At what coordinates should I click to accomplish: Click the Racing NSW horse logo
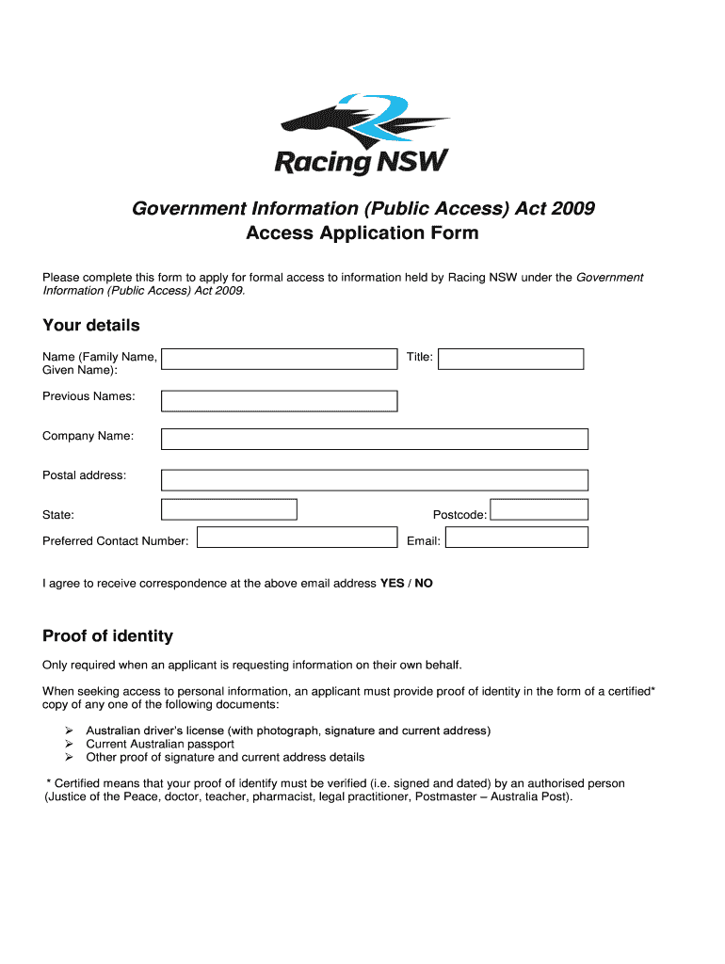click(x=362, y=134)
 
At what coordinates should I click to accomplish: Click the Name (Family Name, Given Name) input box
click(x=279, y=359)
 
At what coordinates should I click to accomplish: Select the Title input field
click(x=510, y=359)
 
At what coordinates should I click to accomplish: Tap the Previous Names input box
click(x=279, y=401)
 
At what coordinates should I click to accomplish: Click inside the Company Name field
click(x=374, y=439)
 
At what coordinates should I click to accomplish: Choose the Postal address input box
click(x=374, y=480)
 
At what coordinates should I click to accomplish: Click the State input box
click(x=229, y=509)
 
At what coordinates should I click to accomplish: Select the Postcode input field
click(x=540, y=509)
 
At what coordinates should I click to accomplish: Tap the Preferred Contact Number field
click(x=297, y=537)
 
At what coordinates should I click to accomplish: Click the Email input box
click(x=516, y=538)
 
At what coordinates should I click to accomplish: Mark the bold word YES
click(x=392, y=584)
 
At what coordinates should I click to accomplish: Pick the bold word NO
click(x=424, y=584)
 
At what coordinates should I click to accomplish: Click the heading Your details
click(x=90, y=326)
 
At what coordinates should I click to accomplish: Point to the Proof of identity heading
click(x=107, y=636)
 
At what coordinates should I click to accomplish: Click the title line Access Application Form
click(x=362, y=233)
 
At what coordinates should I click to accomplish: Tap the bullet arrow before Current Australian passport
click(x=69, y=744)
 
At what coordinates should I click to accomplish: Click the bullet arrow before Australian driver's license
click(x=69, y=731)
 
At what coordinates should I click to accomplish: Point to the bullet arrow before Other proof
click(x=69, y=757)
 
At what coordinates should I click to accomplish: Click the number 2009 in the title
click(x=573, y=208)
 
